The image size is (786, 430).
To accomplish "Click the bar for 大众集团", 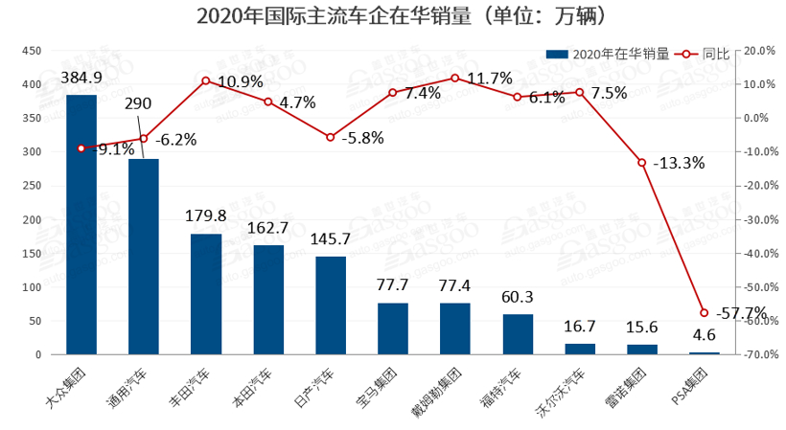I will click(81, 225).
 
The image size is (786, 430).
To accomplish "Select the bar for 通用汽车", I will click(144, 257).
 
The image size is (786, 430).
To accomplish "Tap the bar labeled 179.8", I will click(206, 294).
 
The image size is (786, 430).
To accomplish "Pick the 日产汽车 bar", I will click(331, 306).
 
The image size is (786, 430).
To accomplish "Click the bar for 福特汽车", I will click(518, 334).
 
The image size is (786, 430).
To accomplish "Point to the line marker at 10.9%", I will click(206, 80).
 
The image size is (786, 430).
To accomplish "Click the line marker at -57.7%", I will click(705, 312).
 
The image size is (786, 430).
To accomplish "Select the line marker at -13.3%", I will click(642, 163).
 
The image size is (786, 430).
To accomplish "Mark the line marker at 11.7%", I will click(455, 79).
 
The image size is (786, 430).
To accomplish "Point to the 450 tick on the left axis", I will click(32, 51).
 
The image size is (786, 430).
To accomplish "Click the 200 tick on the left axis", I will click(32, 219).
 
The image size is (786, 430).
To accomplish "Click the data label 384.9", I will click(81, 77).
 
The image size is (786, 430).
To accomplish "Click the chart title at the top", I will click(392, 15).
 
